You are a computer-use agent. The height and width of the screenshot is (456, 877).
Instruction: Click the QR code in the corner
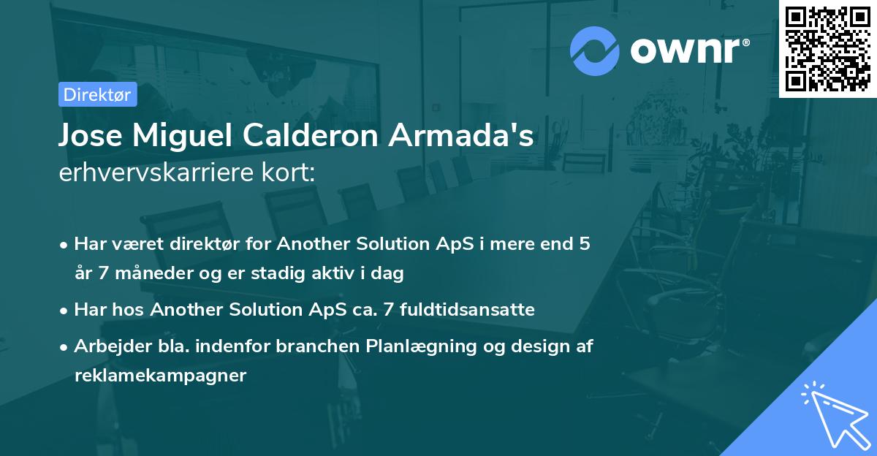pos(827,48)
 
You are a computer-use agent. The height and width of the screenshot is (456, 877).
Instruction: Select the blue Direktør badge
pos(97,94)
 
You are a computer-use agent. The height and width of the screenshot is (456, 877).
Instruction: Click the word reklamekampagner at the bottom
pos(160,376)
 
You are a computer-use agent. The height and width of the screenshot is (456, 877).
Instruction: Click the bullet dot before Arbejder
pos(65,347)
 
